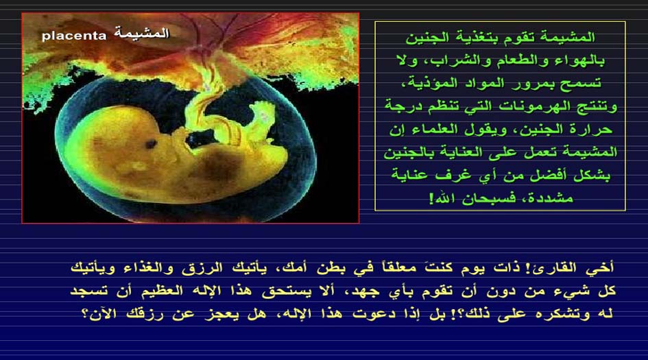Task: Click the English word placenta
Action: point(74,36)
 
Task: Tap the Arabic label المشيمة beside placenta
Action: point(142,33)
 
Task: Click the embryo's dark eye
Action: point(151,144)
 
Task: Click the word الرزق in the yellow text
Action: point(202,268)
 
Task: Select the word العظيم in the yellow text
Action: point(163,291)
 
